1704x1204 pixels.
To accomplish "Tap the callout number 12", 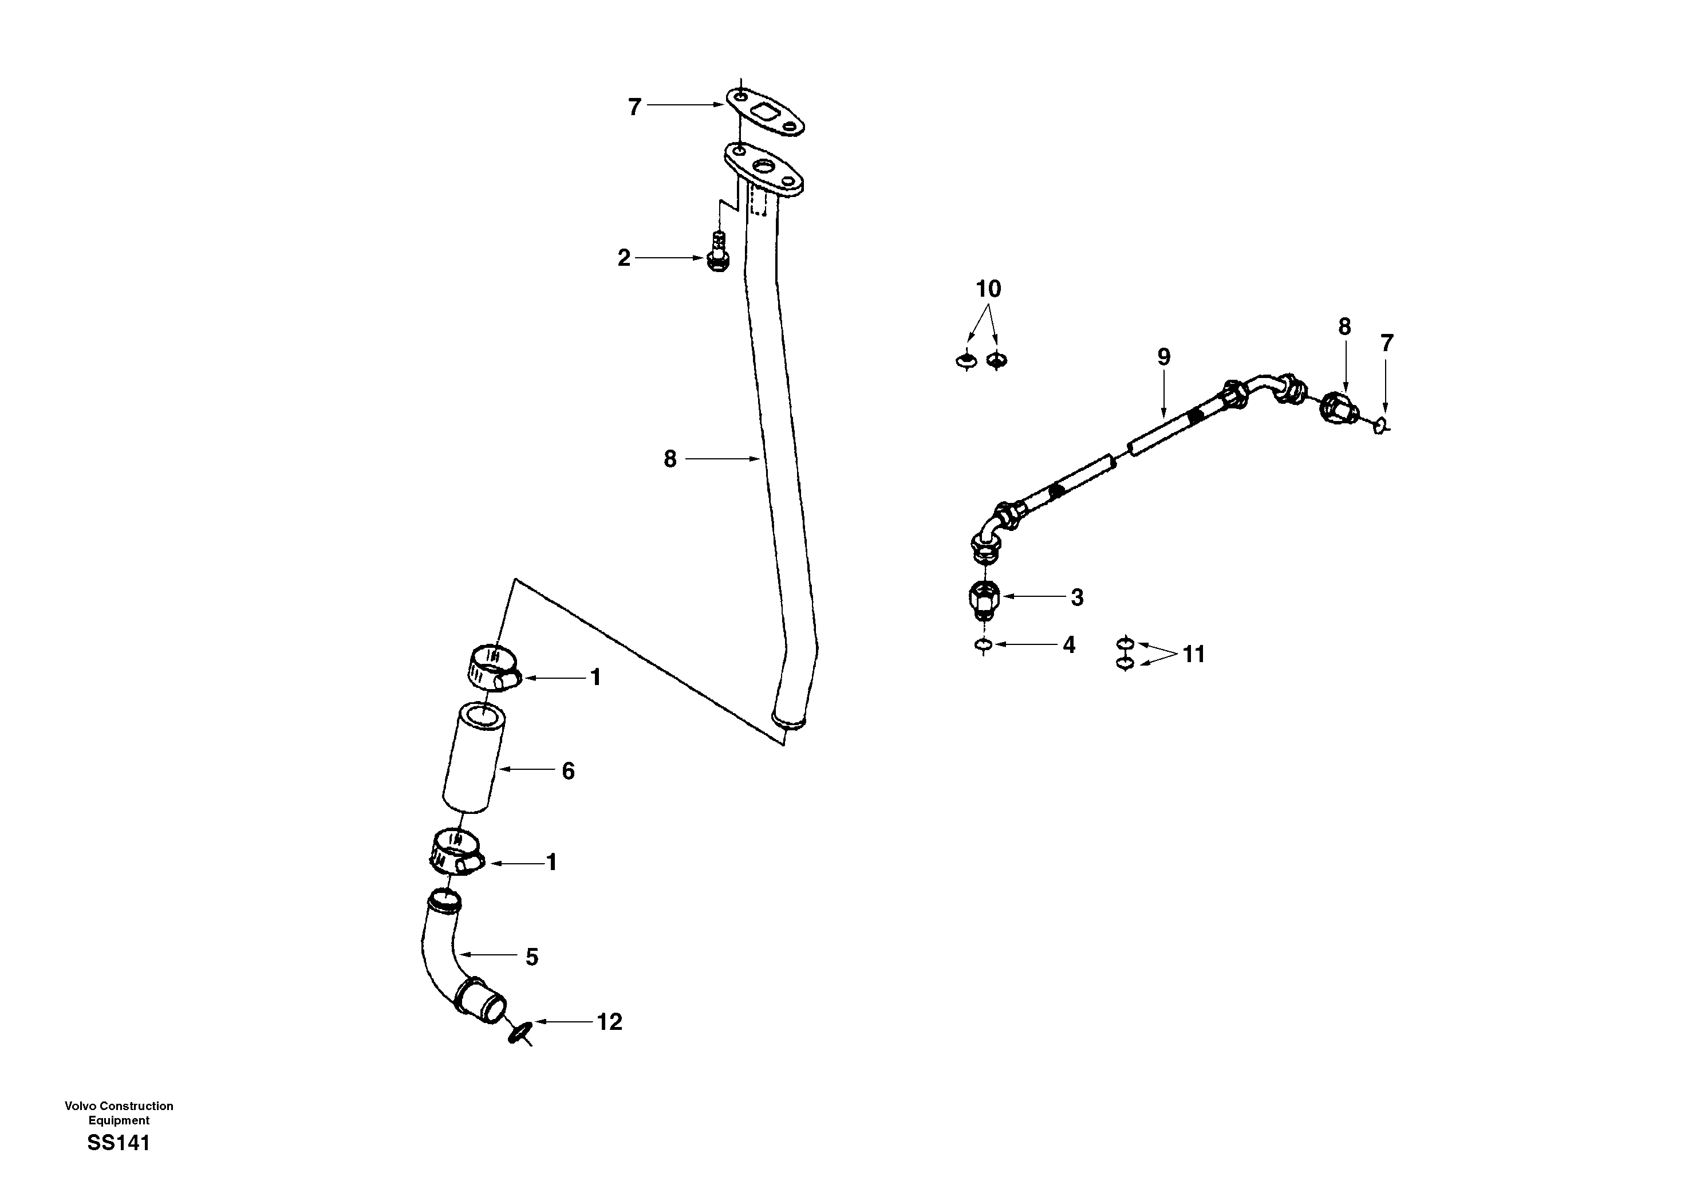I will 609,1022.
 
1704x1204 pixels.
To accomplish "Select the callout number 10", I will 988,289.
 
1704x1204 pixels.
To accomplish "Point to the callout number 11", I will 1193,654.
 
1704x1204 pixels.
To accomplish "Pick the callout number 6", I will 568,771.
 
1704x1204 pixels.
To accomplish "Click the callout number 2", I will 624,258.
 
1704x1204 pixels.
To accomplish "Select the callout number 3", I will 1077,597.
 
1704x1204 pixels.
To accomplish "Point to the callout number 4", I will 1068,644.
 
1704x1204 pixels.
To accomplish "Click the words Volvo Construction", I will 119,1106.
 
